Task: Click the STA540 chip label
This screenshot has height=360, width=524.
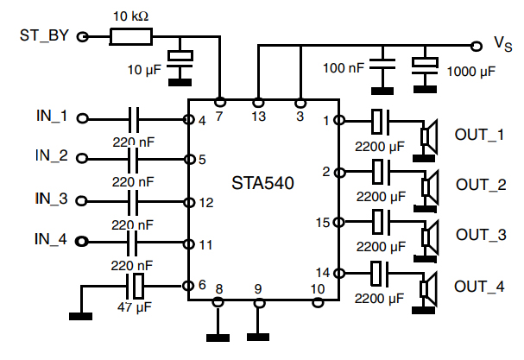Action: (262, 183)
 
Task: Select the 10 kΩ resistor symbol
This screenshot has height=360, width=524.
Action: (130, 36)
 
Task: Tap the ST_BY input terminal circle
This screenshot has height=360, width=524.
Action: (83, 36)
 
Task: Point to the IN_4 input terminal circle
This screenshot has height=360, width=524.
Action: (83, 239)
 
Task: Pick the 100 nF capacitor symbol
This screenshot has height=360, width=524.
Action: (381, 63)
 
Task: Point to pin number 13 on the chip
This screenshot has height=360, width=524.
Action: (258, 113)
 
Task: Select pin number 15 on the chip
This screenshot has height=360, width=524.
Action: (323, 223)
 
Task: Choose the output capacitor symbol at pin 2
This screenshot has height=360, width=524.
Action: (378, 171)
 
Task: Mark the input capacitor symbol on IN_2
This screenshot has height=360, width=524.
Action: (134, 159)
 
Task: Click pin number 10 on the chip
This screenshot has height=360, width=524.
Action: (318, 288)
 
